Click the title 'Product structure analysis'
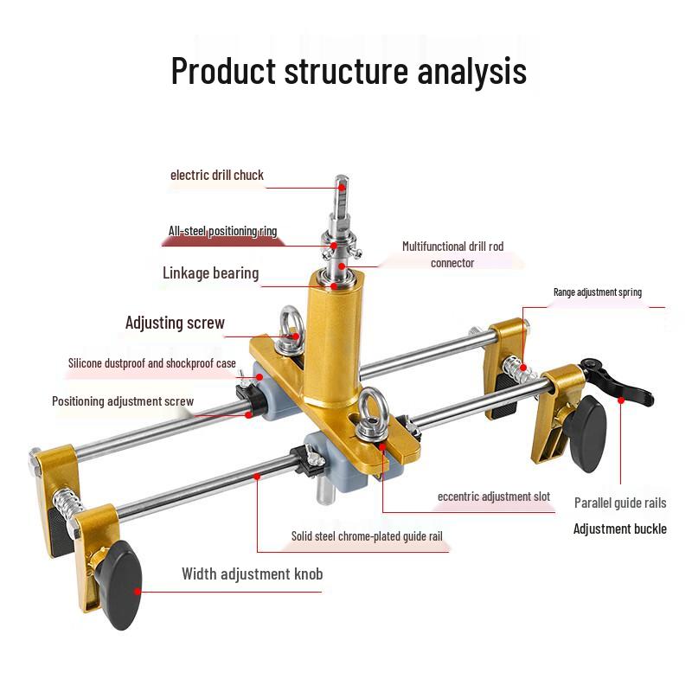(349, 71)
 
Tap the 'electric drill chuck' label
(217, 176)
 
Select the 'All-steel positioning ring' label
(222, 231)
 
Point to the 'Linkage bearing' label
(210, 272)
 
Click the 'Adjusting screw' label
(175, 323)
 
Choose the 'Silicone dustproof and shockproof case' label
(152, 363)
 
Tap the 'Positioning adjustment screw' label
(123, 401)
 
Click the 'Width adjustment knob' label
(252, 573)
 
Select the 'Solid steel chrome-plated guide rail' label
(367, 536)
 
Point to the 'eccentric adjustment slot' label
(494, 497)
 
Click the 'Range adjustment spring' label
(598, 292)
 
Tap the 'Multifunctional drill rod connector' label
(452, 254)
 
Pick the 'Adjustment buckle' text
(620, 529)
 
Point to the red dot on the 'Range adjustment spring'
(523, 367)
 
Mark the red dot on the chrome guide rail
(257, 477)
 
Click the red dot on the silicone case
(259, 377)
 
